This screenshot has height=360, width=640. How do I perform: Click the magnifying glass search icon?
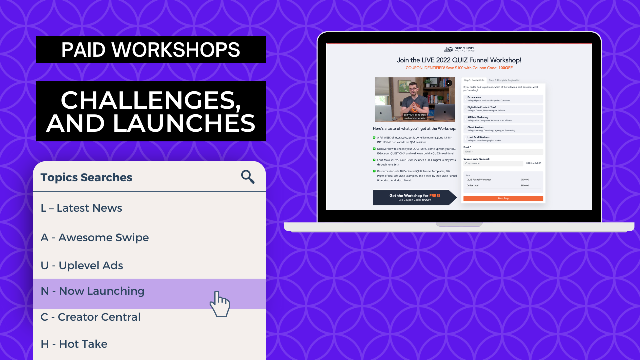point(248,177)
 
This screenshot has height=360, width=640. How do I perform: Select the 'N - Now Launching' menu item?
point(93,291)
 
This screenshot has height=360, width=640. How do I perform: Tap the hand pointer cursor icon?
point(219,303)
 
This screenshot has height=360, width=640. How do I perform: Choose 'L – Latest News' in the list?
point(81,208)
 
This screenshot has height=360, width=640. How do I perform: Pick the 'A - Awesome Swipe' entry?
point(95,238)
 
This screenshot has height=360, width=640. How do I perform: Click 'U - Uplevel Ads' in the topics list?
point(82,266)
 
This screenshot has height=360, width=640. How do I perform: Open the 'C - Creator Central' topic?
point(91,317)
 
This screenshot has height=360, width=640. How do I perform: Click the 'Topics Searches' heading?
point(86,177)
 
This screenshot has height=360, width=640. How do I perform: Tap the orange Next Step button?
point(503,198)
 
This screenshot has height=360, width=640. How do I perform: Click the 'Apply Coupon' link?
point(533,163)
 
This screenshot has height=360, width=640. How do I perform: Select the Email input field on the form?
point(503,151)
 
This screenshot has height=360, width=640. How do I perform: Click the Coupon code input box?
point(493,163)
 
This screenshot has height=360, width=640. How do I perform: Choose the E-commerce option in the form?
point(503,99)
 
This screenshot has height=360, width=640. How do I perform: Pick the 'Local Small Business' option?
point(503,138)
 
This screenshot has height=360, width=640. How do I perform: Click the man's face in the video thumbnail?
point(414,92)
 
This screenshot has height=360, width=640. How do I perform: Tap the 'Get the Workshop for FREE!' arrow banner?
point(414,197)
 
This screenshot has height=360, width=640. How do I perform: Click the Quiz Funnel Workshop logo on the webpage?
point(459,49)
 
